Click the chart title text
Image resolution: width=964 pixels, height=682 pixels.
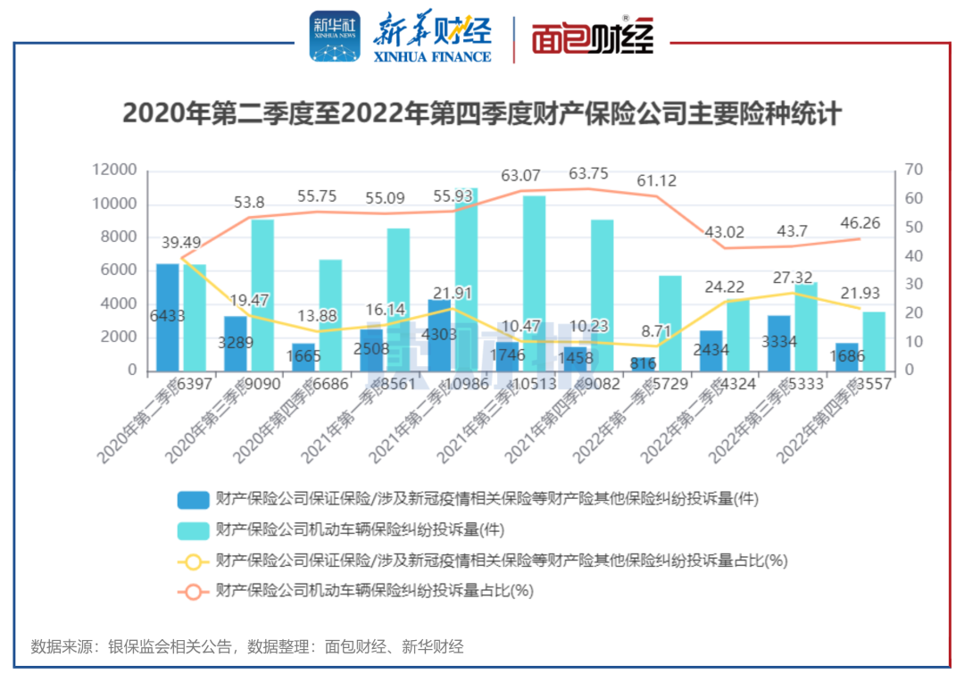[482, 114]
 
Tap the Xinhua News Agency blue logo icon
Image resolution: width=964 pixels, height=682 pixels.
[335, 37]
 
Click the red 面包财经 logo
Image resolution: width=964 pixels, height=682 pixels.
[593, 38]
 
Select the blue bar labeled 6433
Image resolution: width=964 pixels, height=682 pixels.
[168, 317]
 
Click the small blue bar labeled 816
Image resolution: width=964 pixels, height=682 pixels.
[643, 363]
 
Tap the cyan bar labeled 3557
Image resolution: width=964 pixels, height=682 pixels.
[874, 340]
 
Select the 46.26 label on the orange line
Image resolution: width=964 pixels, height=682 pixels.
[860, 223]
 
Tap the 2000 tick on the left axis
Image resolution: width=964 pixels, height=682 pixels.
[120, 337]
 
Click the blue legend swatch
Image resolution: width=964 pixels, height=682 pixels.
[194, 500]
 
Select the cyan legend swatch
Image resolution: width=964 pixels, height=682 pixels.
[194, 530]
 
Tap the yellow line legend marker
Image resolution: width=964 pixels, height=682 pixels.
[194, 561]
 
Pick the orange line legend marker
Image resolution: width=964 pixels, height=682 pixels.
[194, 591]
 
